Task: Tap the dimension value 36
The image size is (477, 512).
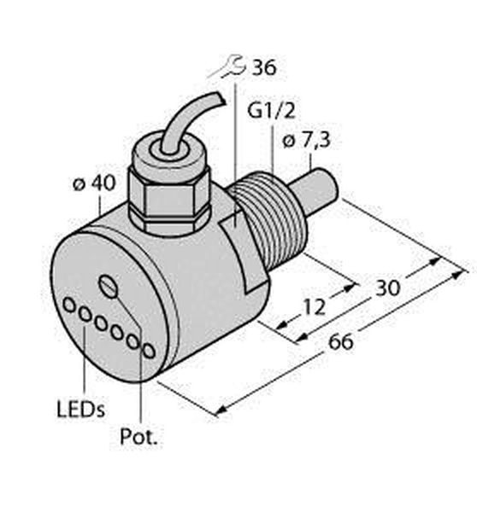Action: click(x=263, y=68)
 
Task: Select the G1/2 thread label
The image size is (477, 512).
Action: click(x=271, y=110)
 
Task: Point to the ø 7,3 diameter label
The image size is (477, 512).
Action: click(x=306, y=141)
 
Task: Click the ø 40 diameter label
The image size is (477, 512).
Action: click(x=94, y=183)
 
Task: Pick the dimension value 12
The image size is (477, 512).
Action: click(x=315, y=306)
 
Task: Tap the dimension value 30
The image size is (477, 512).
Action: click(x=388, y=288)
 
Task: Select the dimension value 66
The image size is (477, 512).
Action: click(x=341, y=342)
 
